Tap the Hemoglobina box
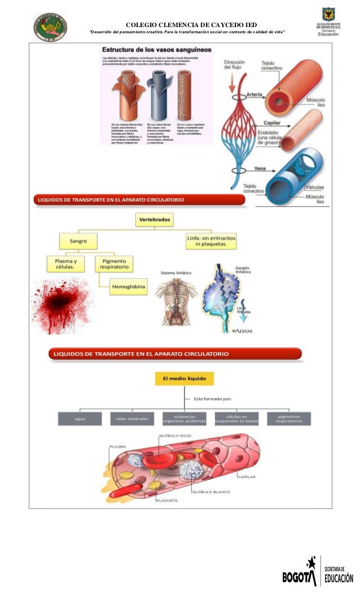(128, 287)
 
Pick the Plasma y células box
(65, 264)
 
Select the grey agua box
(80, 419)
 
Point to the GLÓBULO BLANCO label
(211, 492)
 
